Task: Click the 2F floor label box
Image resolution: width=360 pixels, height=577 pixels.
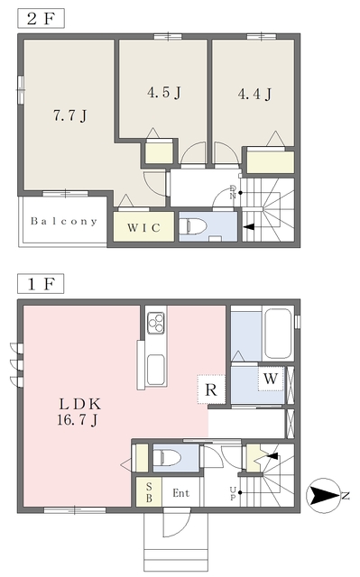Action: pos(41,18)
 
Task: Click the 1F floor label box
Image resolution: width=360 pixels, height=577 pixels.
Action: pos(41,284)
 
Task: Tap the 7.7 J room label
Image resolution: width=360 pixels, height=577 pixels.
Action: pos(70,115)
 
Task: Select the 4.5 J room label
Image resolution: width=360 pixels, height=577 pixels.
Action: pos(164,92)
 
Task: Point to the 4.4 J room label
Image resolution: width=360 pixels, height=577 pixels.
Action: pos(254,94)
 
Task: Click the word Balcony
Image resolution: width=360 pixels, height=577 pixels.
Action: pos(64,221)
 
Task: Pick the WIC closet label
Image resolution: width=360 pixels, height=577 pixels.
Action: pos(144,228)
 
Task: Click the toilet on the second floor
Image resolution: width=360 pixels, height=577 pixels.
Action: pos(193,225)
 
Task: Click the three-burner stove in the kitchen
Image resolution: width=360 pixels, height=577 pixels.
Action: pos(156,323)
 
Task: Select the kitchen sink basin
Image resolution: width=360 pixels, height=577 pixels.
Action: pos(155,370)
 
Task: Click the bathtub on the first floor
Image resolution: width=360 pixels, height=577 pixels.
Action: pos(278,334)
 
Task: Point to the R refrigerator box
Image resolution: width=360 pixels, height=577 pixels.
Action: pos(211,389)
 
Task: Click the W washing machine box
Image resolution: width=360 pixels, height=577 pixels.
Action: pos(271,379)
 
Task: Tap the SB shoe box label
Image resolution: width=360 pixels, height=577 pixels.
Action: pos(149,492)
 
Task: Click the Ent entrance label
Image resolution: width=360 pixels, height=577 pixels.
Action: pos(181,493)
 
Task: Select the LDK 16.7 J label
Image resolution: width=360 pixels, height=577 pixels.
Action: pos(78,412)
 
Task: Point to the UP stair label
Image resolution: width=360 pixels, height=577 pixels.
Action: pos(233,493)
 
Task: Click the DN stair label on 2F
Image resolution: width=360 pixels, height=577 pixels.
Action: pos(233,192)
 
